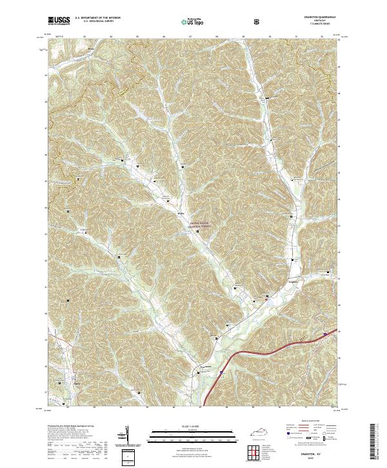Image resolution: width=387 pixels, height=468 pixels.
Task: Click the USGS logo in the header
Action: point(59,20)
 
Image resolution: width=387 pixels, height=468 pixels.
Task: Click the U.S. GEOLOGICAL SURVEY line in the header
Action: point(94,22)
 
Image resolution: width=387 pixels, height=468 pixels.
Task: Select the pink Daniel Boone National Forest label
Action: point(200,225)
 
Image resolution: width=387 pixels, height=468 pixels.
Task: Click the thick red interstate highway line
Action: point(258,352)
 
